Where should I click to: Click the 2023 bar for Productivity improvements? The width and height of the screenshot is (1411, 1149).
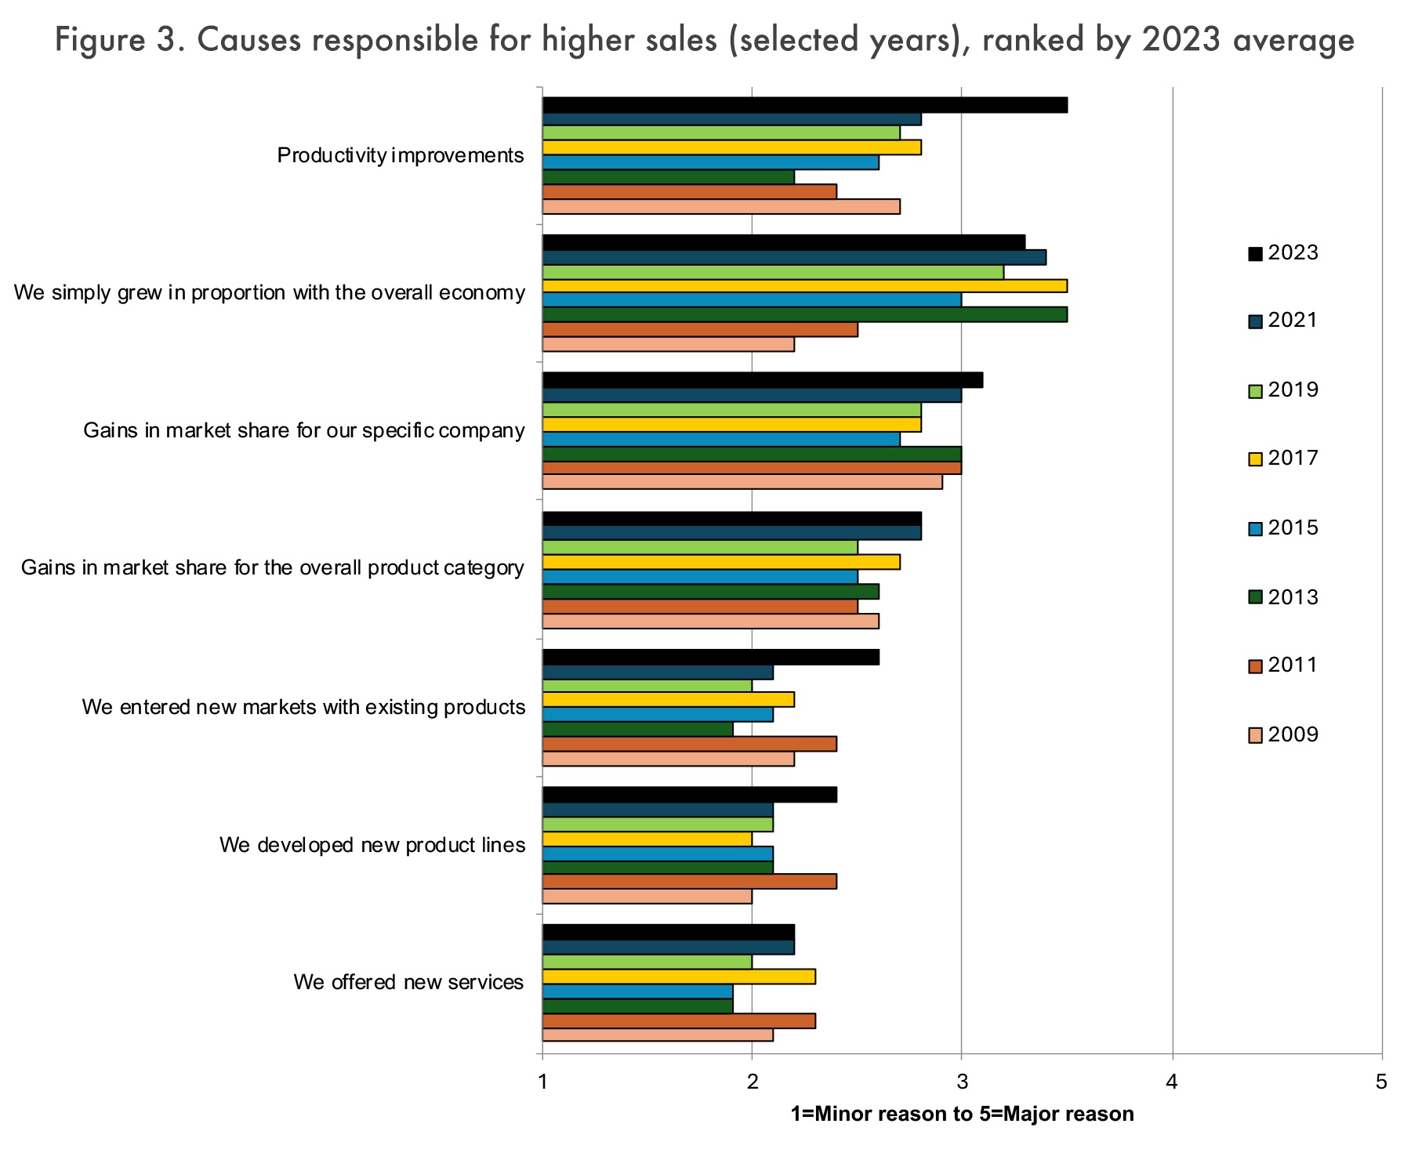tap(804, 105)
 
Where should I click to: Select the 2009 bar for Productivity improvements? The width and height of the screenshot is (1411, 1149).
tap(721, 207)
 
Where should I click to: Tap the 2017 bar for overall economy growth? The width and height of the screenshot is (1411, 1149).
tap(804, 286)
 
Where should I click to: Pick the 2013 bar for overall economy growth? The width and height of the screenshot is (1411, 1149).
tap(804, 315)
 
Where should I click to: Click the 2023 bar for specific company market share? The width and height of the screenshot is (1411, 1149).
tap(762, 381)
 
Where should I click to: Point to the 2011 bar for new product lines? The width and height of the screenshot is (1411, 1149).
tap(689, 882)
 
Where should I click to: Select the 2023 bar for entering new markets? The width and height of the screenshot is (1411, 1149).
tap(710, 658)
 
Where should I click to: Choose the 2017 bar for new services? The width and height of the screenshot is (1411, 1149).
tap(679, 977)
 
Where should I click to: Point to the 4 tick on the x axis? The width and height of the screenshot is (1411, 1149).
tap(1172, 1082)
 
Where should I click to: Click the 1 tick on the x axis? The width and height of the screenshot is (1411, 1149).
tap(542, 1082)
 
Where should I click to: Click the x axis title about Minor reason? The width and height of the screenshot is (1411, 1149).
tap(962, 1114)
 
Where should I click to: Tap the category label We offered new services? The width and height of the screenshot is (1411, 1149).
tap(408, 982)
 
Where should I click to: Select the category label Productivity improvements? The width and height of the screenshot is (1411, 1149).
tap(400, 155)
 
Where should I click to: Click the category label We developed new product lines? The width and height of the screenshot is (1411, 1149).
tap(372, 845)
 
